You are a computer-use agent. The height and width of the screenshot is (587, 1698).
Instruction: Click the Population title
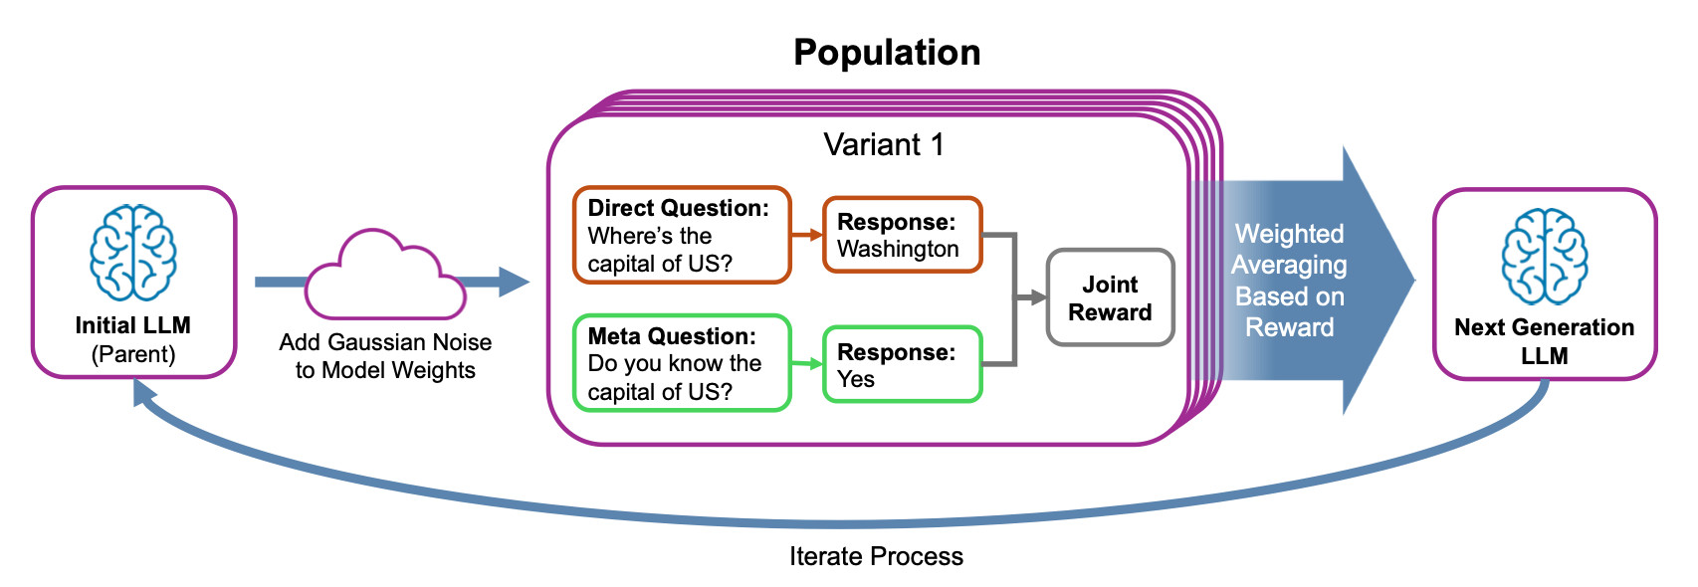(x=887, y=53)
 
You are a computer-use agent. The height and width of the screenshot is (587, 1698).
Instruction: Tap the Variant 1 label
(x=883, y=145)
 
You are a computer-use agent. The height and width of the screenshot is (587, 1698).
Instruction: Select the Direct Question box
(x=682, y=235)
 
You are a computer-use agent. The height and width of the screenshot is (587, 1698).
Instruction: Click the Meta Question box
(x=682, y=363)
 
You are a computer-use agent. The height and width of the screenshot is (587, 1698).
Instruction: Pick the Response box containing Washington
(x=902, y=235)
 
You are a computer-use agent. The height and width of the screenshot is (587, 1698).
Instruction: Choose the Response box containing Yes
(x=902, y=364)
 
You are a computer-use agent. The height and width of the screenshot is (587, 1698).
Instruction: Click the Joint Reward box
(x=1110, y=297)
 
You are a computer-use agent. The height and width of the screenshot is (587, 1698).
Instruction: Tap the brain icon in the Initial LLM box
(x=133, y=253)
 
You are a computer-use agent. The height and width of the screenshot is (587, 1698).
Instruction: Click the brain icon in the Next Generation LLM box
(x=1544, y=256)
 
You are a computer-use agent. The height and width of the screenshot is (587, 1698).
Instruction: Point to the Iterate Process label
(x=876, y=556)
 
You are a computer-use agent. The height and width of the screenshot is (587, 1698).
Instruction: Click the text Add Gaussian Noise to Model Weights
(x=385, y=356)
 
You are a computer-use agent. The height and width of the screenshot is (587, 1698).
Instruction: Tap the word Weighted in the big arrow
(x=1289, y=234)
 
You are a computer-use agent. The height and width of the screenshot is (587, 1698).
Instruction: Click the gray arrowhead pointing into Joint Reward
(x=1038, y=296)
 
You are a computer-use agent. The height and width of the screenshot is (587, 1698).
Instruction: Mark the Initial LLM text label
(x=133, y=325)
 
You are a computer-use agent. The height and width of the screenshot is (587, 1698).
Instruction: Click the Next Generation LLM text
(x=1544, y=341)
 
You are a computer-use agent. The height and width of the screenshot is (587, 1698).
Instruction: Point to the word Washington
(x=898, y=249)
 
